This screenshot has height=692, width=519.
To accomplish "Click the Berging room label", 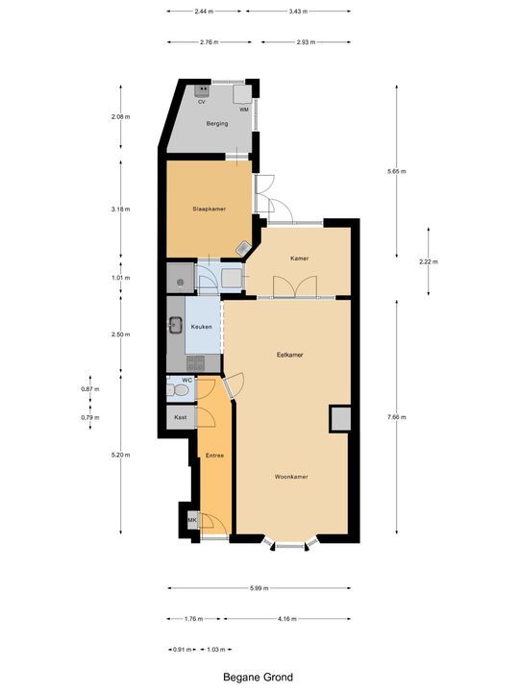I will [216, 124].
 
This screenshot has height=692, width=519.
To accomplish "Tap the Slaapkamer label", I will [209, 209].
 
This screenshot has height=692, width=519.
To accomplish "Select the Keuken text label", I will [201, 328].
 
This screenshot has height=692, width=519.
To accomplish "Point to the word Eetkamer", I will [289, 355].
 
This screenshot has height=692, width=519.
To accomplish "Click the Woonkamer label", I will [289, 476].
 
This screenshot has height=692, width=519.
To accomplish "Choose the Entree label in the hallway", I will [214, 456].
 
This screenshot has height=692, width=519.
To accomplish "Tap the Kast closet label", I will [180, 418].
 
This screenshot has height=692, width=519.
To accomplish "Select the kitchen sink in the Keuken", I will [176, 325].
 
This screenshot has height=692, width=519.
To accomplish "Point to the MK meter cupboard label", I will [192, 522].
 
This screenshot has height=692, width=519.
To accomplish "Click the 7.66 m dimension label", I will [397, 417].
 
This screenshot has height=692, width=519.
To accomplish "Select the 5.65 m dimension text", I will [397, 172].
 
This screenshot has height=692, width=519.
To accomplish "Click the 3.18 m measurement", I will [120, 209].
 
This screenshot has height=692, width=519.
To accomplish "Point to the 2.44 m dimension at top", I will [204, 12].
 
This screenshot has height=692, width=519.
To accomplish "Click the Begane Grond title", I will [259, 677].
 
